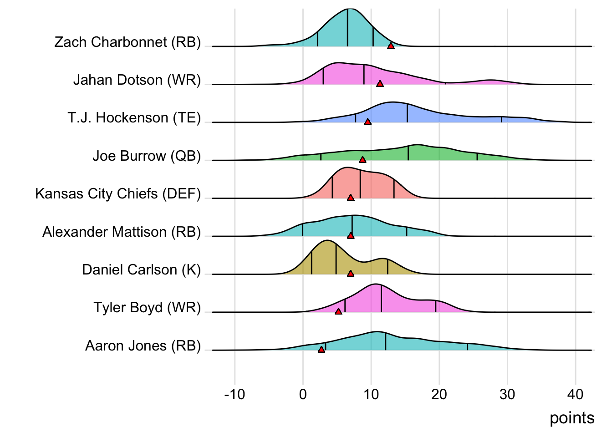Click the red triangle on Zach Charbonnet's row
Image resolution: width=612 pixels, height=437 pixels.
391,46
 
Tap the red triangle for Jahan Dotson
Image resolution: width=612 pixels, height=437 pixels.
380,83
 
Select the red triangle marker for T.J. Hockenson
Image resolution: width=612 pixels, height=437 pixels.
367,122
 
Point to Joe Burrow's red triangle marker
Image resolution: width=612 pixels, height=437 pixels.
362,159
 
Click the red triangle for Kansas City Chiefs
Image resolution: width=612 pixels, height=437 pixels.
351,198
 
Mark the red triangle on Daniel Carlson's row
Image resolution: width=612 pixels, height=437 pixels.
351,274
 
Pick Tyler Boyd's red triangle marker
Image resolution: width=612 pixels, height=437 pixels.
338,311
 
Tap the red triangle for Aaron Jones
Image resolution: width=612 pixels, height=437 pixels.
321,349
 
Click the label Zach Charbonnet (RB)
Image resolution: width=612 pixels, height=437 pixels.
127,42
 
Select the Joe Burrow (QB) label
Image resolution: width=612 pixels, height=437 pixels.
147,156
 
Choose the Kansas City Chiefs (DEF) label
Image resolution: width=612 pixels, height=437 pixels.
118,194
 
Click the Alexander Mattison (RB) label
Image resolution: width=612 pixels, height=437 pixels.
122,232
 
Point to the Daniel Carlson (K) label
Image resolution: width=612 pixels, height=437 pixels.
141,270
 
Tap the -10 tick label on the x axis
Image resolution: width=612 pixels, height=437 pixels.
235,394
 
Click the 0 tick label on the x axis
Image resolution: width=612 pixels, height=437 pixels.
303,394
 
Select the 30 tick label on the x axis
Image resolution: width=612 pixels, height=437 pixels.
507,394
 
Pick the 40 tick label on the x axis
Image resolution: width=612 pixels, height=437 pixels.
576,394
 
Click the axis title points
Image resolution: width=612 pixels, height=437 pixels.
572,418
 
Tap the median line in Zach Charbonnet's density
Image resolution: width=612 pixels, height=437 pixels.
347,27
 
